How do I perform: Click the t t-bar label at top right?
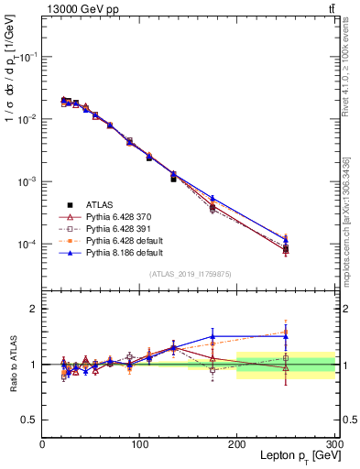click(331, 8)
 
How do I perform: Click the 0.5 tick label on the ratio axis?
click(29, 420)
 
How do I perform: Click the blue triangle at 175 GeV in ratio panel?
click(213, 336)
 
